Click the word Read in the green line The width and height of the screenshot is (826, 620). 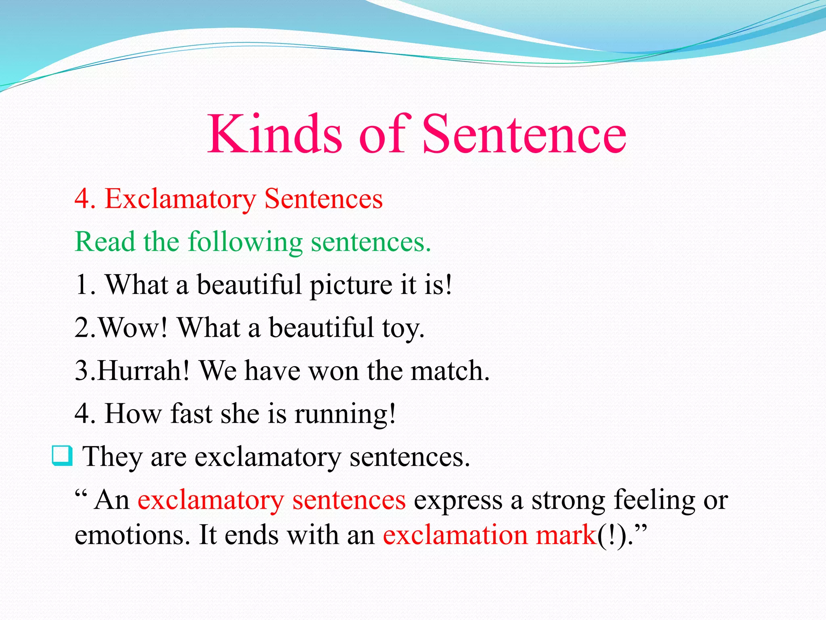pyautogui.click(x=105, y=242)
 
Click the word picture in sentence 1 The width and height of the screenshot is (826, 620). pyautogui.click(x=350, y=285)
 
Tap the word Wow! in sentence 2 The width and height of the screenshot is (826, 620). pyautogui.click(x=133, y=327)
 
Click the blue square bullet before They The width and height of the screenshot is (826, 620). pyautogui.click(x=62, y=456)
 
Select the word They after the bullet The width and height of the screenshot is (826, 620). pyautogui.click(x=112, y=457)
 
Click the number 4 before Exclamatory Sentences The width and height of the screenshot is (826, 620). pyautogui.click(x=83, y=199)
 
